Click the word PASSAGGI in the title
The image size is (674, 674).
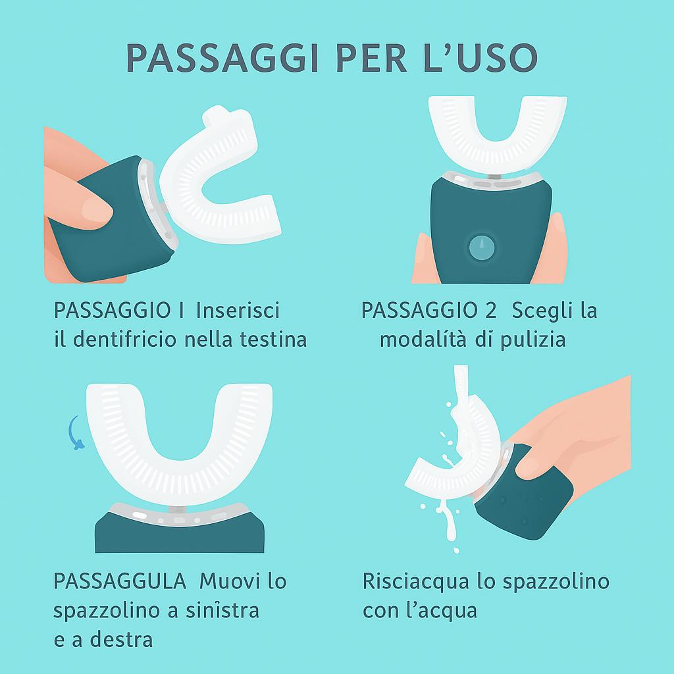(x=222, y=58)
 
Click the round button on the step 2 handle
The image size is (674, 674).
(x=482, y=247)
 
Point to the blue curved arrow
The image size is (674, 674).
(x=75, y=433)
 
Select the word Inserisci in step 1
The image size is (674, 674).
(x=238, y=311)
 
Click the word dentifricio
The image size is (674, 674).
(x=124, y=339)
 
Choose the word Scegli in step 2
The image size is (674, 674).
(x=542, y=311)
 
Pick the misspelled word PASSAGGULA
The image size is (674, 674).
(x=120, y=581)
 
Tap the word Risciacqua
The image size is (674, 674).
(x=416, y=582)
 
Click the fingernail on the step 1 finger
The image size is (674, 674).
(x=96, y=211)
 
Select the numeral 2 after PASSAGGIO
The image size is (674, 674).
(x=490, y=311)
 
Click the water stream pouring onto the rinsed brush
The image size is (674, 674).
(x=461, y=387)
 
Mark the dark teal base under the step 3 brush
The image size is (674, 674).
(x=179, y=533)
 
